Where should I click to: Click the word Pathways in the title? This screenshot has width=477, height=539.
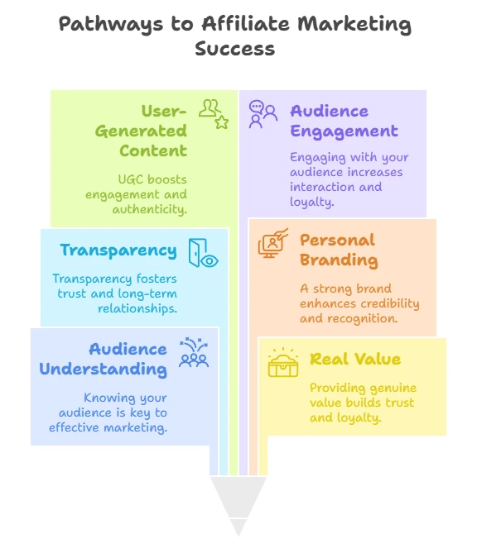click(110, 25)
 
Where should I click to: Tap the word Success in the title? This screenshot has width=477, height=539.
click(235, 48)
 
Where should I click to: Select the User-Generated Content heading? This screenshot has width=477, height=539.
click(142, 131)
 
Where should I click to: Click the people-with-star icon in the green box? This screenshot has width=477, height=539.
click(214, 114)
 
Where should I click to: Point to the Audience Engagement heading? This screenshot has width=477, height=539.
click(344, 122)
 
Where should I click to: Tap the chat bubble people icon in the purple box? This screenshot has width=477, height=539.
click(263, 114)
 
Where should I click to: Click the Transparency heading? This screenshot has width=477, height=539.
click(118, 250)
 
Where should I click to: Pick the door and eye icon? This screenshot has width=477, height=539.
click(203, 253)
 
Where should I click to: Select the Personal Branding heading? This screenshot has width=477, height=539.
click(339, 250)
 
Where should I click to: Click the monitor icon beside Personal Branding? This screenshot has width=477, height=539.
click(273, 243)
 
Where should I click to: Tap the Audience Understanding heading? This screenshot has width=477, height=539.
click(103, 360)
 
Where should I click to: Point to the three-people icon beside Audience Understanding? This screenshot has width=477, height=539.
click(194, 352)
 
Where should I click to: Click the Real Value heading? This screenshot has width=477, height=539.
click(355, 360)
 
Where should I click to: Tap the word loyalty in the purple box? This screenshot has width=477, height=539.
click(311, 202)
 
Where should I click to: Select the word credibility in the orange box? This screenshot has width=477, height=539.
click(390, 303)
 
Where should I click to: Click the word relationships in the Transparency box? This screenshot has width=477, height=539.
click(137, 308)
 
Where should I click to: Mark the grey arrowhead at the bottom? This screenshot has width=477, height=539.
click(238, 506)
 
